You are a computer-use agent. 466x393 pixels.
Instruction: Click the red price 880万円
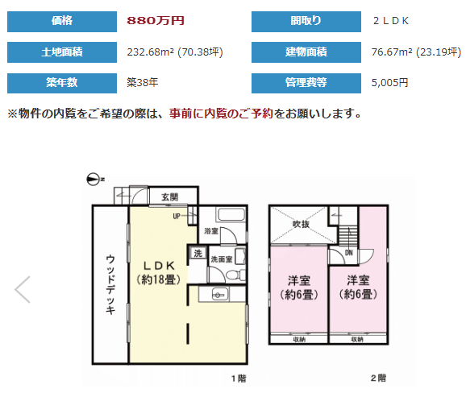[x=156, y=20]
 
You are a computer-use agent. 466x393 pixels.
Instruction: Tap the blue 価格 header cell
[x=62, y=22]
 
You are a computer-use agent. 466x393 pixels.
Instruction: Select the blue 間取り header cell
[x=306, y=22]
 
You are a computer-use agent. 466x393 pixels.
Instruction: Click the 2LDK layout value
[x=391, y=21]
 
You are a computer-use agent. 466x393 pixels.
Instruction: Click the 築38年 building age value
[x=143, y=82]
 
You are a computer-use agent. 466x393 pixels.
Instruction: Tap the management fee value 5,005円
[x=389, y=82]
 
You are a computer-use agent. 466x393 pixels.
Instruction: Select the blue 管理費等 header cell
[x=306, y=83]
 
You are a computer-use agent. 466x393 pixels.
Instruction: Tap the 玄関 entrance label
[x=169, y=196]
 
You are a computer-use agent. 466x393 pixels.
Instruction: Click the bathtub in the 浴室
[x=231, y=214]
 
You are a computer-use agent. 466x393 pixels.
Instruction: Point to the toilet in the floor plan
[x=235, y=275]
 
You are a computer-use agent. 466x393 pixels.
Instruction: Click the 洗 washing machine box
[x=198, y=253]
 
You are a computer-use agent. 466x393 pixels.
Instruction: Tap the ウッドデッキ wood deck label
[x=110, y=284]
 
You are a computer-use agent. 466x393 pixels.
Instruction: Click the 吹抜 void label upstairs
[x=301, y=224]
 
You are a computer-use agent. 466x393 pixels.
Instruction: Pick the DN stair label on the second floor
[x=349, y=253]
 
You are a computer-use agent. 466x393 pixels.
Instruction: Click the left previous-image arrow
[x=23, y=289]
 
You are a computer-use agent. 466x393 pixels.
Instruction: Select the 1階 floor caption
[x=239, y=379]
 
